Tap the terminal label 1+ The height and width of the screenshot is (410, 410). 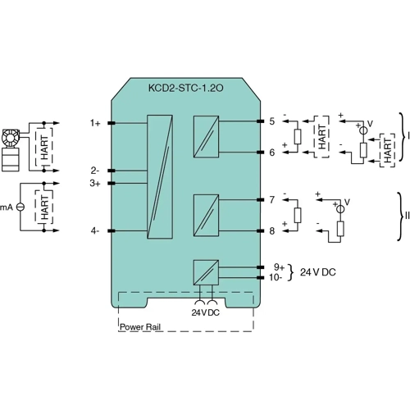[x=96, y=123]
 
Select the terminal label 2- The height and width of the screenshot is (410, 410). [x=95, y=171]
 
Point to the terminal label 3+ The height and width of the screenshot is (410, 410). [x=95, y=184]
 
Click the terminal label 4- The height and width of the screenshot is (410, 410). [x=95, y=231]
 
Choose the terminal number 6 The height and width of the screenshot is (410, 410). [x=271, y=152]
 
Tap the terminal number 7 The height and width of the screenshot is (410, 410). [x=271, y=200]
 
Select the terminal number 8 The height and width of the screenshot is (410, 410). [x=271, y=231]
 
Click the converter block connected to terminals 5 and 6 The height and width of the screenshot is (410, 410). [x=205, y=137]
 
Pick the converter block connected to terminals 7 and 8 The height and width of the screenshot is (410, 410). [x=205, y=216]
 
